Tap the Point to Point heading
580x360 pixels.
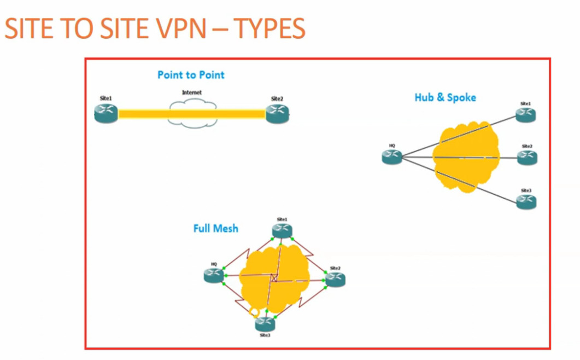coord(191,75)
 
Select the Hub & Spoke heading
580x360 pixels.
coord(445,97)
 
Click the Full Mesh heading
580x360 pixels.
coord(215,228)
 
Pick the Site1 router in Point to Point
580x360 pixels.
coord(106,113)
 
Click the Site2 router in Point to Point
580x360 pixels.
coord(277,113)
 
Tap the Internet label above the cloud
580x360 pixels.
coord(191,93)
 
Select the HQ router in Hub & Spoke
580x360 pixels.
coord(392,158)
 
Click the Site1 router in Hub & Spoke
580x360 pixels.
coord(526,114)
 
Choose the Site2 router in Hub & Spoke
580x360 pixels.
coord(527,158)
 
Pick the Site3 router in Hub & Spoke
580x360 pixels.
coord(526,202)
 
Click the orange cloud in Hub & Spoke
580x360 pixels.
coord(466,158)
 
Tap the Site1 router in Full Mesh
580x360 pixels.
coord(282,230)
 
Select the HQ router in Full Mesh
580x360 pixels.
coord(214,276)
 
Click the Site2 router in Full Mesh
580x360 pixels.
coord(335,280)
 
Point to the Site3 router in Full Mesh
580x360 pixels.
coord(265,324)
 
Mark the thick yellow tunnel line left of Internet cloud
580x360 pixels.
coord(143,114)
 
